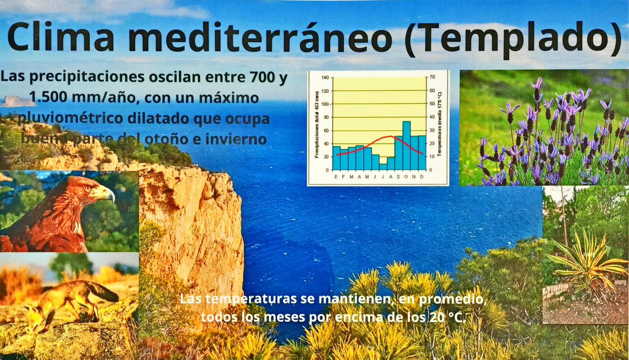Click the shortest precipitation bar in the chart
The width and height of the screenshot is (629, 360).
click(x=383, y=167)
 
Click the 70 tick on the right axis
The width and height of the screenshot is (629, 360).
click(x=432, y=78)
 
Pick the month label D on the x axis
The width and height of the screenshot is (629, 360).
click(x=422, y=176)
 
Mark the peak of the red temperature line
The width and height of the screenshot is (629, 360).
click(x=391, y=136)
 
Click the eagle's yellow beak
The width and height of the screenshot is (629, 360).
click(x=107, y=195)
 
